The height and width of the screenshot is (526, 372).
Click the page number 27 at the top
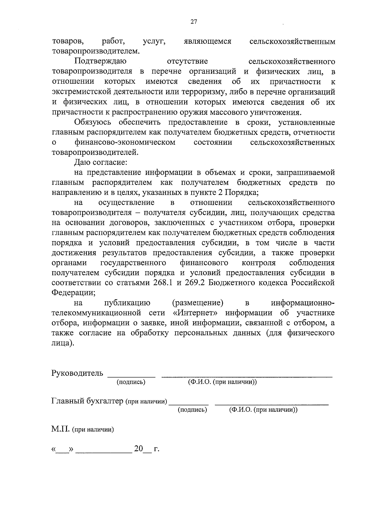tap(194, 22)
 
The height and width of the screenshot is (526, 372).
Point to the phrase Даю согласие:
tap(100, 162)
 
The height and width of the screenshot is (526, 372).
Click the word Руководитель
tap(77, 373)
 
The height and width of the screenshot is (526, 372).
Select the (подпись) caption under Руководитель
tap(131, 382)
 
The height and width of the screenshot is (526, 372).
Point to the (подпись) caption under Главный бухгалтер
tap(192, 410)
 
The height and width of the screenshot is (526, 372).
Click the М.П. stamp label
tap(61, 429)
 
